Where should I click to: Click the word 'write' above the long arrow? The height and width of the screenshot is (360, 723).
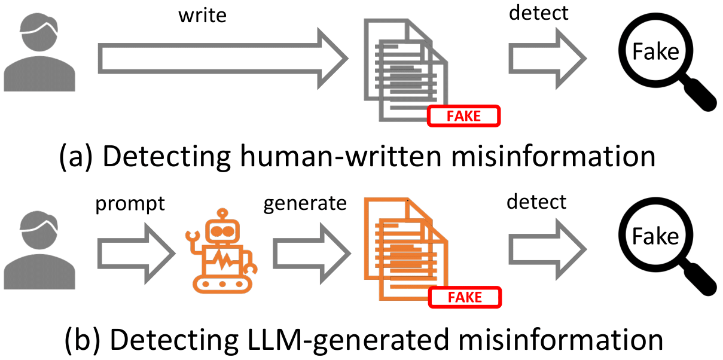coord(203,16)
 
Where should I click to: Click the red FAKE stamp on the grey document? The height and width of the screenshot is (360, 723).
coord(464,116)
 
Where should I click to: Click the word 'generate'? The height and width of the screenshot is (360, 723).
coord(306,204)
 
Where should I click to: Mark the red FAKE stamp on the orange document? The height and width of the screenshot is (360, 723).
coord(465,297)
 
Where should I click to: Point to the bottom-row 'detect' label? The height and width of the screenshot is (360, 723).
coord(536,202)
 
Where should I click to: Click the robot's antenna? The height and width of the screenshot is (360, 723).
coord(222,214)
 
